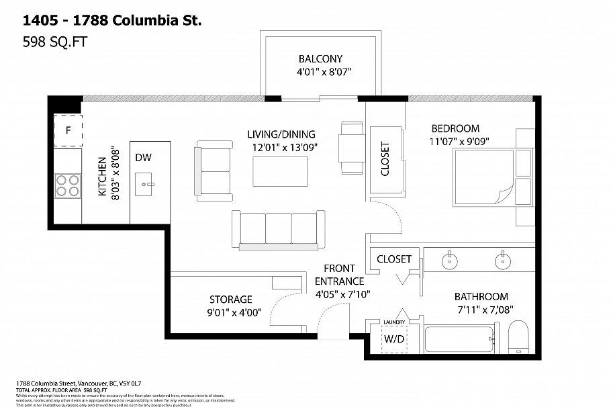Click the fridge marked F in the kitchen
(x=68, y=130)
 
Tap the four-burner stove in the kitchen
(x=67, y=185)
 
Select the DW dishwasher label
(x=143, y=158)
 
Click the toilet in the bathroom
(x=518, y=338)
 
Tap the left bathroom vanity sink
(x=448, y=259)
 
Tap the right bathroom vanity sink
(x=501, y=259)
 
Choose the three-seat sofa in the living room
(x=277, y=230)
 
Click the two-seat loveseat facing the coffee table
(x=214, y=167)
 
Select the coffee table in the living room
(x=281, y=171)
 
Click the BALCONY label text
(x=320, y=58)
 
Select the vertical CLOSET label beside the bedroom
(x=385, y=159)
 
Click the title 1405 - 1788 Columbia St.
(x=107, y=21)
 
